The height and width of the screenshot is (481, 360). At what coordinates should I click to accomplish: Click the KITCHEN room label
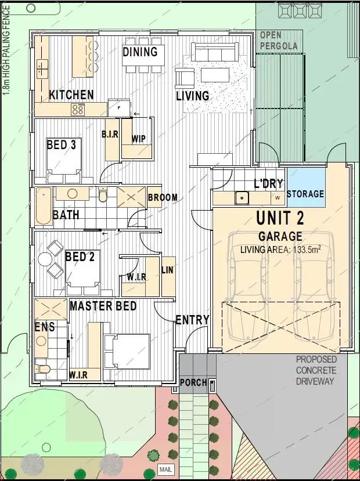71,95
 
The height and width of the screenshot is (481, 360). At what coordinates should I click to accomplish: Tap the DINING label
140,52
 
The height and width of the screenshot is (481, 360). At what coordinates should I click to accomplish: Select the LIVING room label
193,96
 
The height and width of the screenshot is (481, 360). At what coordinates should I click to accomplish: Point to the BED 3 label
62,144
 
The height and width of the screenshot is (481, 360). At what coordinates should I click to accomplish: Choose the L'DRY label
268,184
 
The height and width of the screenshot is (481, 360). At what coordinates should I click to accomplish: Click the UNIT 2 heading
280,219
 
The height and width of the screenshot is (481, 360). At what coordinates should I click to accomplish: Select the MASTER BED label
103,305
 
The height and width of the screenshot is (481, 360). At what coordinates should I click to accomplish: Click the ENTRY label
192,320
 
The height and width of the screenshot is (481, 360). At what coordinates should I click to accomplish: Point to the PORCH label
193,383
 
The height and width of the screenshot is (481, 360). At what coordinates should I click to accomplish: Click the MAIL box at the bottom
165,469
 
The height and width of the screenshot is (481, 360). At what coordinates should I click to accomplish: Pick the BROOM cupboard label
163,198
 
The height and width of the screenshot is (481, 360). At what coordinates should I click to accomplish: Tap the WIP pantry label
138,139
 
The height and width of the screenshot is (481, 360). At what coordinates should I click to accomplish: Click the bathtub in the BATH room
43,207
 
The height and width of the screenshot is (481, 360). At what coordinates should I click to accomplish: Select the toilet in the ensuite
43,368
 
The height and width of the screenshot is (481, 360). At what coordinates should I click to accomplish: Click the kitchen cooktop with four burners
78,109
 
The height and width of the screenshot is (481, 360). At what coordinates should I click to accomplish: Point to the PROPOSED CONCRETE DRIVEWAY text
315,370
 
